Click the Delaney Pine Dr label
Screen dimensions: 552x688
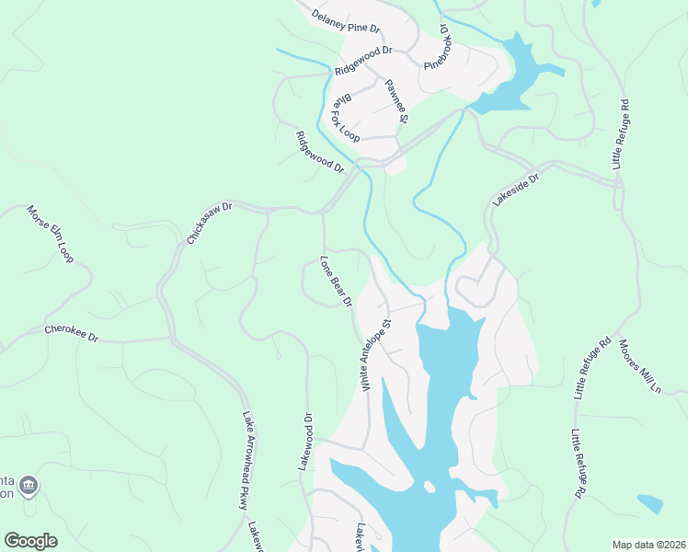(x=345, y=21)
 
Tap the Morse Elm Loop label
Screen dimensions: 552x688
(x=50, y=234)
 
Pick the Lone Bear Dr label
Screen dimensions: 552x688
(x=337, y=281)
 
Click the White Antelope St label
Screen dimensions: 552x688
(x=377, y=355)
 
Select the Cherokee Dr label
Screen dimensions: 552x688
(x=71, y=333)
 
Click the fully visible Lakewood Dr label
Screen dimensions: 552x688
(x=306, y=442)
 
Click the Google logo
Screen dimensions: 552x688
(x=30, y=541)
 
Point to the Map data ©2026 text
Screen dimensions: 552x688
(x=648, y=545)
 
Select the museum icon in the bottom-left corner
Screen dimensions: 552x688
(x=29, y=485)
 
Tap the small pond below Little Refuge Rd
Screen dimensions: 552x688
(x=650, y=504)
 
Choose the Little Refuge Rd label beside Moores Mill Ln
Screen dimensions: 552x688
(x=592, y=368)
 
